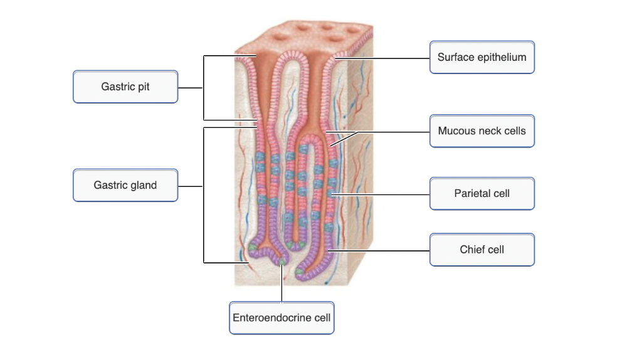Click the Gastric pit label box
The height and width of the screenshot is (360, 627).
coord(125,87)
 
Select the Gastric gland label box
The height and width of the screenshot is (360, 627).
coord(125,185)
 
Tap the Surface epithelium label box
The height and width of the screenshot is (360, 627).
coord(482,58)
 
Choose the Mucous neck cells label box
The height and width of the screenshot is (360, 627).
coord(482,131)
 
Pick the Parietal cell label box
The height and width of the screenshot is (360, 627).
coord(482,193)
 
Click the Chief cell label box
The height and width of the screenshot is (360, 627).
coord(482,250)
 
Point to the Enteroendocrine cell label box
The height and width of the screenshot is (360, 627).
coord(282,317)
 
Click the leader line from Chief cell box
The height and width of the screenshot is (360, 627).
coord(382,251)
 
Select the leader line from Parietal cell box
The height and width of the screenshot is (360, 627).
coord(382,195)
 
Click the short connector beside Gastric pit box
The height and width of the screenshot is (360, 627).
coord(191,88)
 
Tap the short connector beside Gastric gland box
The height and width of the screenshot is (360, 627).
coord(191,186)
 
